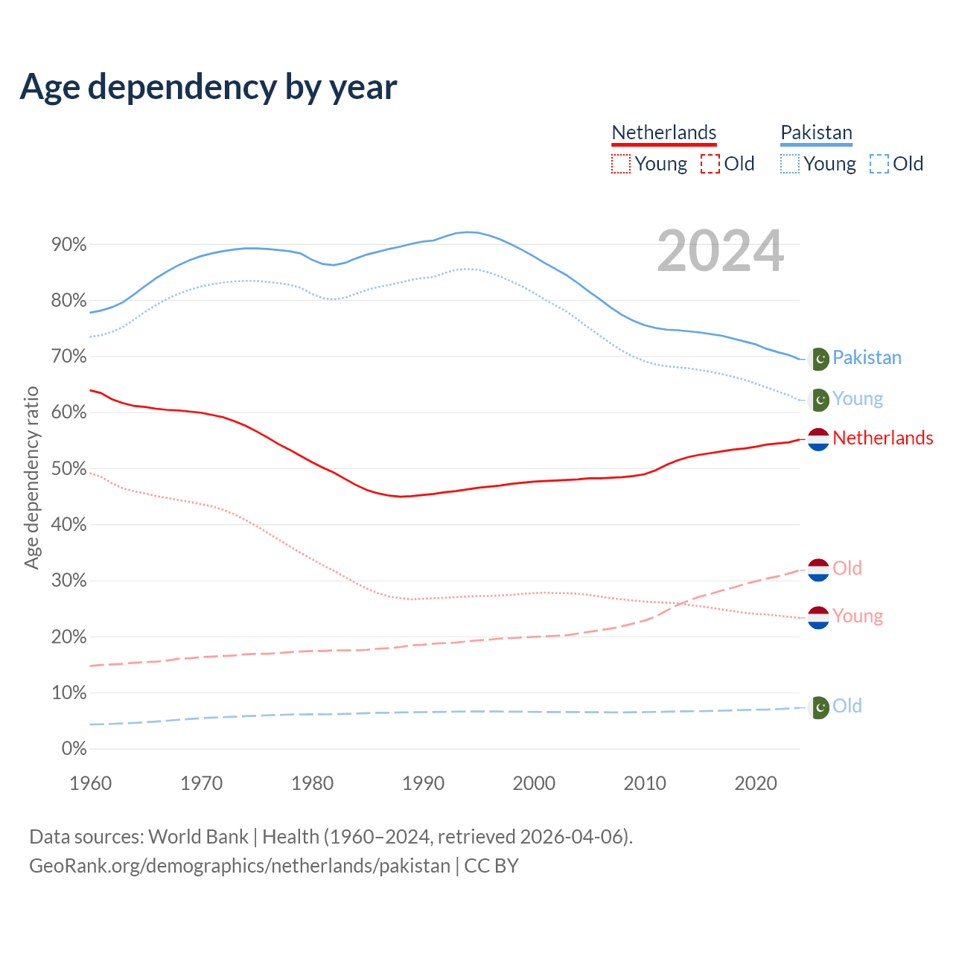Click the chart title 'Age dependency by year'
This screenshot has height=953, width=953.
pyautogui.click(x=208, y=86)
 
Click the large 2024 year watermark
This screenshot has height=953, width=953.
pyautogui.click(x=720, y=251)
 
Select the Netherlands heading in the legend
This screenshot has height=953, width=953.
pyautogui.click(x=663, y=133)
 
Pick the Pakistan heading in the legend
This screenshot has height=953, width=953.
pyautogui.click(x=816, y=133)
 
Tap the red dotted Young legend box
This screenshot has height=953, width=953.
pyautogui.click(x=620, y=164)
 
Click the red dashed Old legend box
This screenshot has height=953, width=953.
pyautogui.click(x=710, y=164)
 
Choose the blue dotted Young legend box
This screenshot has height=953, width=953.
pyautogui.click(x=789, y=164)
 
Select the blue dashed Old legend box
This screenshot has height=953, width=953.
pyautogui.click(x=879, y=164)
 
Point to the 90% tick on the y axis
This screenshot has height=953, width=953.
pyautogui.click(x=68, y=245)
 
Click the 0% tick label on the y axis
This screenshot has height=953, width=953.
pyautogui.click(x=74, y=749)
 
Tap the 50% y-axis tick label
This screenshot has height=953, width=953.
pyautogui.click(x=68, y=469)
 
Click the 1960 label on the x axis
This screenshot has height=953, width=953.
pyautogui.click(x=90, y=783)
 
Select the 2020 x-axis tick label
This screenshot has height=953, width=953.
pyautogui.click(x=756, y=783)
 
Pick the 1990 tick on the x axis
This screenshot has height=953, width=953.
pyautogui.click(x=423, y=783)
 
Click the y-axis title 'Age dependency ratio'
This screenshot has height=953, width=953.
pyautogui.click(x=31, y=477)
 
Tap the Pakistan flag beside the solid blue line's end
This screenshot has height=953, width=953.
pyautogui.click(x=819, y=359)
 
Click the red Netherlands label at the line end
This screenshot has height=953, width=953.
pyautogui.click(x=882, y=438)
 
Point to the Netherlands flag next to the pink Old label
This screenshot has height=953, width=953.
pyautogui.click(x=818, y=570)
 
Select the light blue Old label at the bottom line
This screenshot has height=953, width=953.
pyautogui.click(x=847, y=706)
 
